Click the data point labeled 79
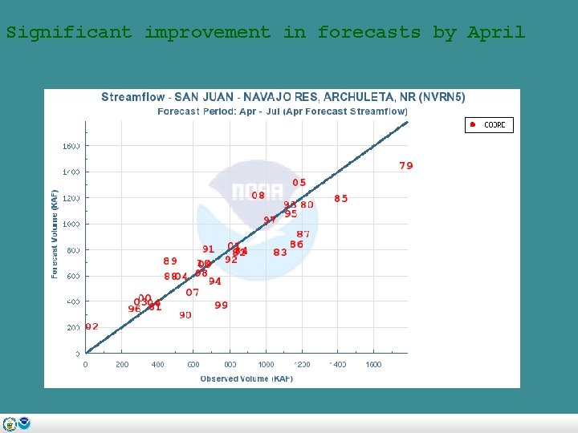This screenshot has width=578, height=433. [406, 166]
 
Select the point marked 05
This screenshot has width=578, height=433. [299, 183]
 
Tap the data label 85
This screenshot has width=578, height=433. [341, 199]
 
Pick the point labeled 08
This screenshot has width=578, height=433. [258, 195]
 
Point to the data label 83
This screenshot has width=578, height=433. [280, 252]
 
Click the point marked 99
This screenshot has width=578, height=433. [221, 306]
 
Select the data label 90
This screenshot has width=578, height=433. [185, 315]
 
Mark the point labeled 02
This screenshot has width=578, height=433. [92, 326]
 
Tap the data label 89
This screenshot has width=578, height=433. [170, 261]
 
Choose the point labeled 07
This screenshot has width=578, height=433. [193, 293]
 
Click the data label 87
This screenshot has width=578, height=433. [303, 234]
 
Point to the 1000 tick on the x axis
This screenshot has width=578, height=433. [266, 364]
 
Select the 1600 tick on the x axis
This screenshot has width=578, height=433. [373, 364]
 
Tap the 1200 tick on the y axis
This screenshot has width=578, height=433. [71, 198]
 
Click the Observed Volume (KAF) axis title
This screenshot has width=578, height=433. [246, 378]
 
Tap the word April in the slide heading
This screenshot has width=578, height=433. [496, 33]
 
